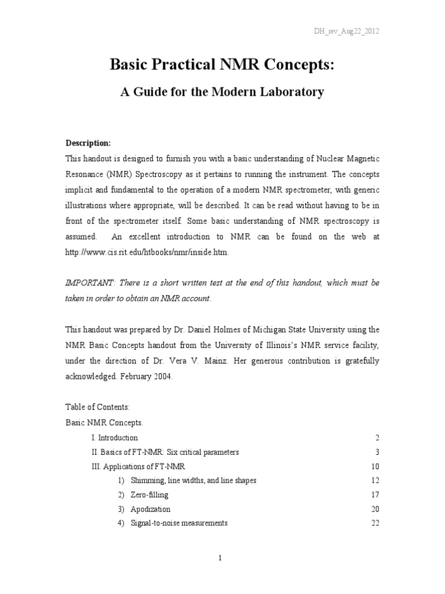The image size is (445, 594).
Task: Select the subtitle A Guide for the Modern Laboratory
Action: (x=222, y=92)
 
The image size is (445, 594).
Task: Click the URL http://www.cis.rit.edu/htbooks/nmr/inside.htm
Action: (x=147, y=252)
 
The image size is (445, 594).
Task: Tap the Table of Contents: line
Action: (x=93, y=408)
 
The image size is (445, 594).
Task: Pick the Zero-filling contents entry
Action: (x=149, y=495)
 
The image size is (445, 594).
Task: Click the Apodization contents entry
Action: (x=151, y=509)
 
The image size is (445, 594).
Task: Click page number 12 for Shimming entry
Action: (x=374, y=480)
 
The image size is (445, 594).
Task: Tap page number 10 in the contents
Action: (x=374, y=466)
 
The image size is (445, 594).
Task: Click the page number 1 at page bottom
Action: (x=222, y=558)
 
